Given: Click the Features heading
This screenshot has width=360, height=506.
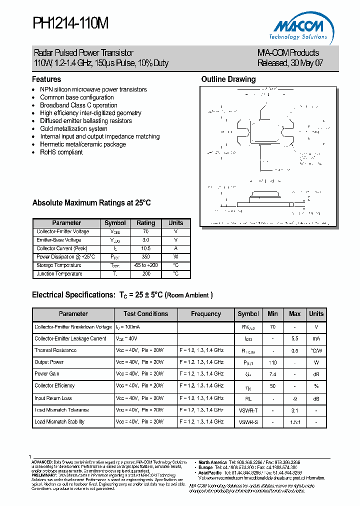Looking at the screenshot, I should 46,79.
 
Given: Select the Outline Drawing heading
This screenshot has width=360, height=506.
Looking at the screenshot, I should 228,79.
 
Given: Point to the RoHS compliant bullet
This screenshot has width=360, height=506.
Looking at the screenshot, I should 61,152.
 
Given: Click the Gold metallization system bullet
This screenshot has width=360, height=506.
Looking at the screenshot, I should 73,128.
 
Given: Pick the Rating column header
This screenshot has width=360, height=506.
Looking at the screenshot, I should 146,223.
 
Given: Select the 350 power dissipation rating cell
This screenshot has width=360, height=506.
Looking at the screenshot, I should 146,257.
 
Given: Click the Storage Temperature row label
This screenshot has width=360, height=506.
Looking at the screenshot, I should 59,265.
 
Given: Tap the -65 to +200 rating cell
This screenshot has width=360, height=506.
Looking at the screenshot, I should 146,265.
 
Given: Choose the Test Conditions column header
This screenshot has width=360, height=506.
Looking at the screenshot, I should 146,314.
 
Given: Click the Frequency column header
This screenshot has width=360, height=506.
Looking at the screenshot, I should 206,314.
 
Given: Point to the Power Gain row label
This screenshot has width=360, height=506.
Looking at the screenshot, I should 47,374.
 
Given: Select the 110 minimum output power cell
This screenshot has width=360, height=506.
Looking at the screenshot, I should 272,362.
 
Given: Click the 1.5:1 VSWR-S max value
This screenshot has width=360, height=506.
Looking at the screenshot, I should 294,422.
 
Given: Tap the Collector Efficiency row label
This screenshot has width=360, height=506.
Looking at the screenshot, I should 54,386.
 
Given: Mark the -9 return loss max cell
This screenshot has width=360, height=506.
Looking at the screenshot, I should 294,398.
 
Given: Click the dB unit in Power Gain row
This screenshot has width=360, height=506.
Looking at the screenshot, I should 316,374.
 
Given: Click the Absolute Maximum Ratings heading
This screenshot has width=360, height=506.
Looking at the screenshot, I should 91,203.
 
